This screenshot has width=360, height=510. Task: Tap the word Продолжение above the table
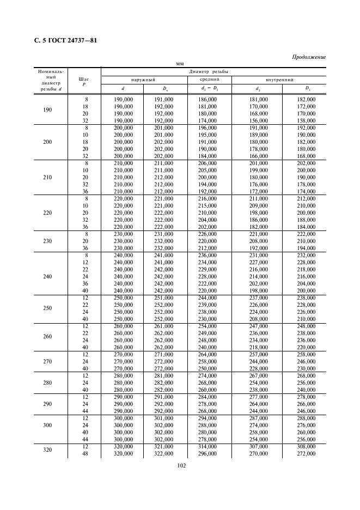coord(309,57)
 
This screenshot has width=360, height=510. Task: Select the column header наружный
coord(144,80)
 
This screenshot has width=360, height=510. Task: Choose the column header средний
coord(209,79)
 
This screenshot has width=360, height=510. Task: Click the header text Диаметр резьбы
coord(209,71)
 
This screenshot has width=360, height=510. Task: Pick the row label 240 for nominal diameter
coord(47,276)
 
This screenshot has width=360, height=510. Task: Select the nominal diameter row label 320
coord(47,450)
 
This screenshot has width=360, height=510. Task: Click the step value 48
coord(85,453)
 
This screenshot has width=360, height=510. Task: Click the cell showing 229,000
coord(209,269)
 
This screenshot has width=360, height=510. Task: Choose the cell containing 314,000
coord(209,446)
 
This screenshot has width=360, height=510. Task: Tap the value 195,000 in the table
coord(209,135)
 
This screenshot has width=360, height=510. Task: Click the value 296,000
coord(209,453)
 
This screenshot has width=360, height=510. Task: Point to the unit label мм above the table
coord(180,64)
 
